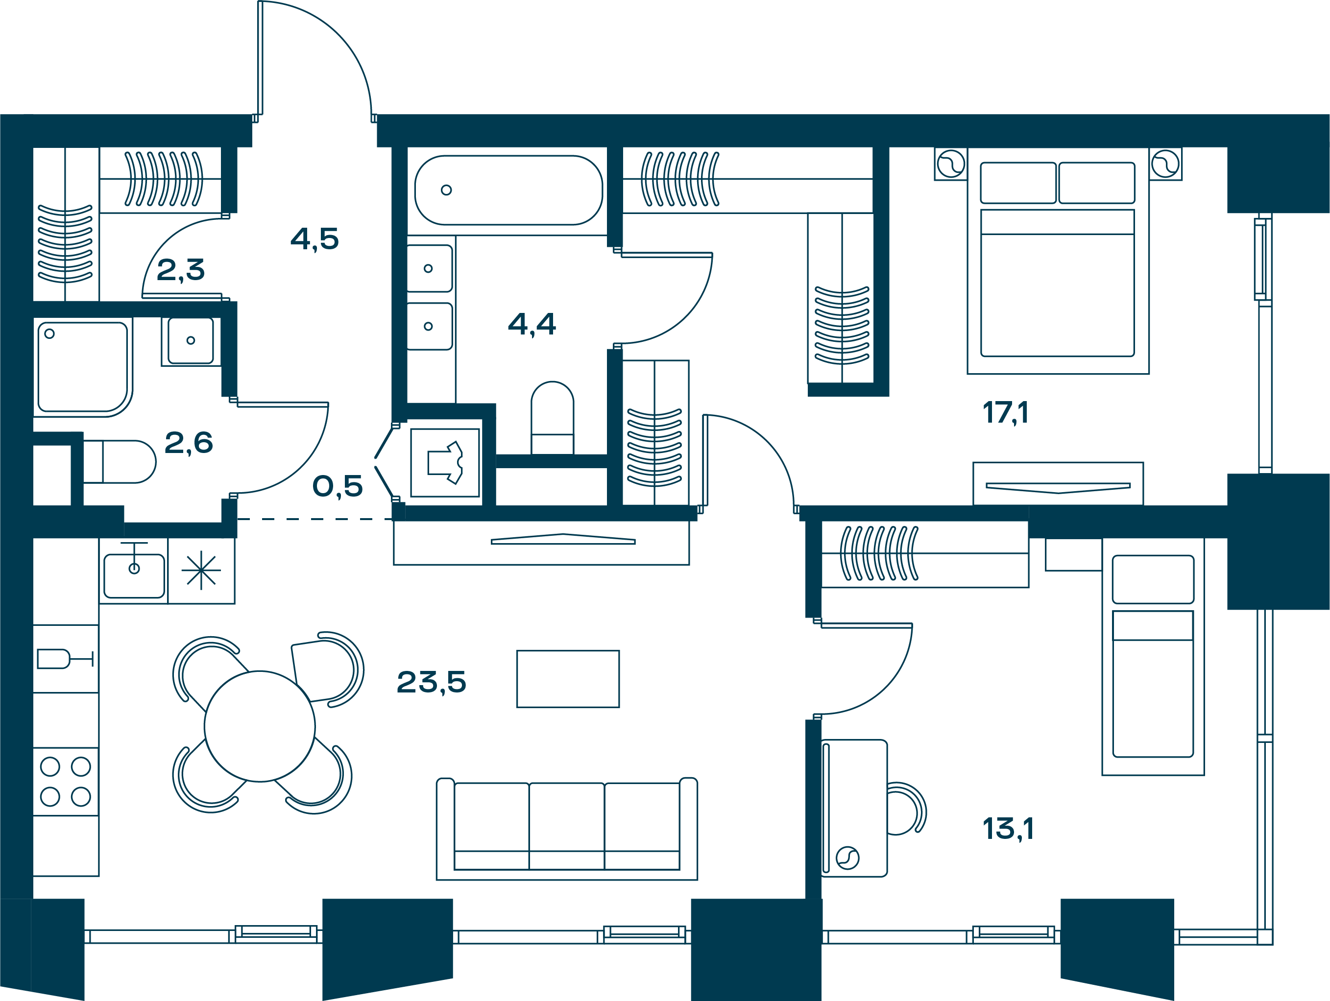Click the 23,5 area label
(431, 682)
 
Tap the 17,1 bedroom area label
(1005, 412)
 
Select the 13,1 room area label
(1008, 829)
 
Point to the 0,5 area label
(338, 486)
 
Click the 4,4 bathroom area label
(532, 325)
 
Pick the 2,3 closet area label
(180, 270)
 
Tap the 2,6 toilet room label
(188, 443)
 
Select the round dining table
(260, 726)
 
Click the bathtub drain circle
(446, 190)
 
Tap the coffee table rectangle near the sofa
(568, 679)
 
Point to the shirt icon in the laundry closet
(445, 463)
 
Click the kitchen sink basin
(134, 576)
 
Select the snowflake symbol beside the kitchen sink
(201, 570)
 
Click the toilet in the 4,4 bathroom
(552, 418)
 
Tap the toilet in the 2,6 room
(120, 462)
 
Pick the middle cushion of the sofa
(566, 826)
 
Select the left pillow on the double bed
(1018, 183)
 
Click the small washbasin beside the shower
(191, 341)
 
